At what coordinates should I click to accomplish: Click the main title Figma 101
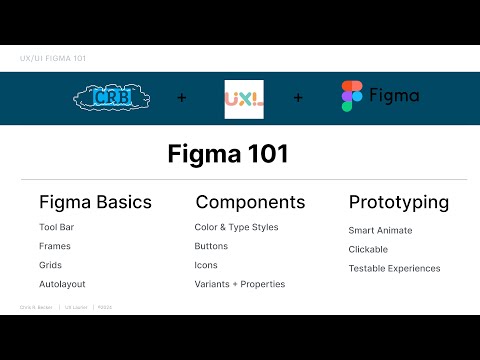point(240,155)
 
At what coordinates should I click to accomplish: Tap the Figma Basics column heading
point(95,202)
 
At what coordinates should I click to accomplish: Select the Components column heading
point(250,202)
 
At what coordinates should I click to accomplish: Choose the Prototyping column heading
point(398,202)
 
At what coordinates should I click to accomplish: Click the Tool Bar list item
point(57,228)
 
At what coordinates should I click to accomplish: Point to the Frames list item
point(55,246)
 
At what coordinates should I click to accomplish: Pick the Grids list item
point(51,265)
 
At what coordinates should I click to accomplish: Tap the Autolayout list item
point(62,284)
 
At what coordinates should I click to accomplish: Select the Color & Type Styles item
point(236,228)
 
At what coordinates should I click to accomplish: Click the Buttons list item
point(211,246)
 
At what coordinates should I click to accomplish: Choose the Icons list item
point(206,265)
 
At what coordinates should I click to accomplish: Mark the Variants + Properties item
point(239,284)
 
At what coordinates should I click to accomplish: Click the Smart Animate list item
point(380,230)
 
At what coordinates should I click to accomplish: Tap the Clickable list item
point(368,249)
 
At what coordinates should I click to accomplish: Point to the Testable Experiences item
point(394,268)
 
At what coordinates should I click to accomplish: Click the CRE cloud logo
point(113,98)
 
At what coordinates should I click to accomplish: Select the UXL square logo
point(244,99)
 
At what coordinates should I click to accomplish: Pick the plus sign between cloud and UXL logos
point(181,99)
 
